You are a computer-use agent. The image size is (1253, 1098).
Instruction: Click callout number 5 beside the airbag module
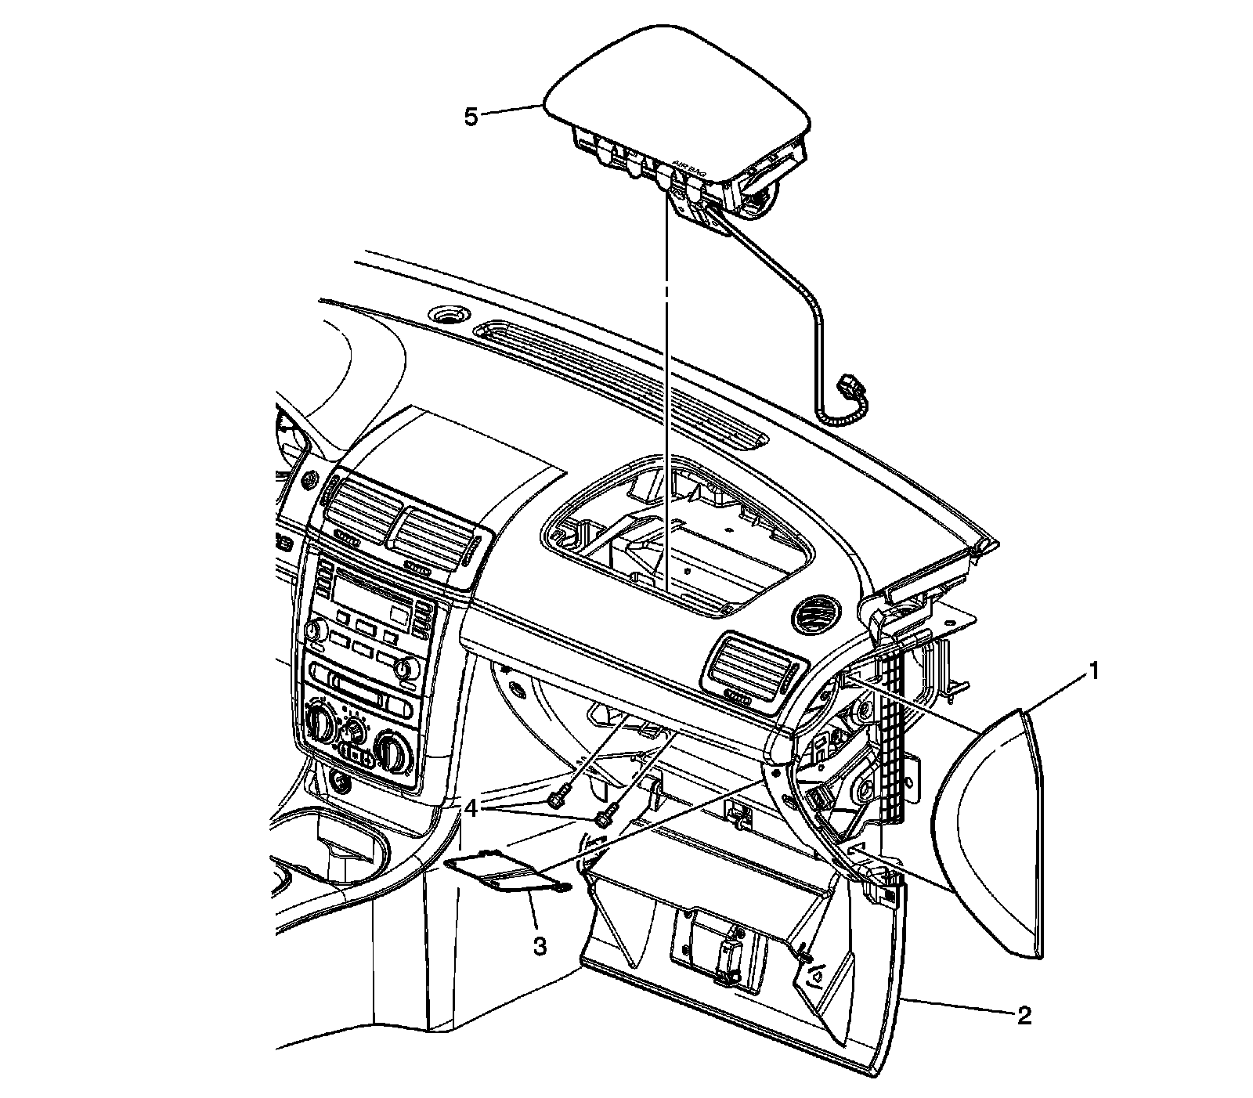coord(470,117)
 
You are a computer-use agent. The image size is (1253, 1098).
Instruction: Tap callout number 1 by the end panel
coord(1095,671)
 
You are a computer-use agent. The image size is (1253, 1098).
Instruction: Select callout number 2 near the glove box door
coord(1024,1016)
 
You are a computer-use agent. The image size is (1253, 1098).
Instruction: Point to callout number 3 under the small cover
coord(539,946)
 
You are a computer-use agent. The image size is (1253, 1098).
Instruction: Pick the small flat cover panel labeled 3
coord(501,871)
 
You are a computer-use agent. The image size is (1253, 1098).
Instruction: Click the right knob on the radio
coord(405,668)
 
